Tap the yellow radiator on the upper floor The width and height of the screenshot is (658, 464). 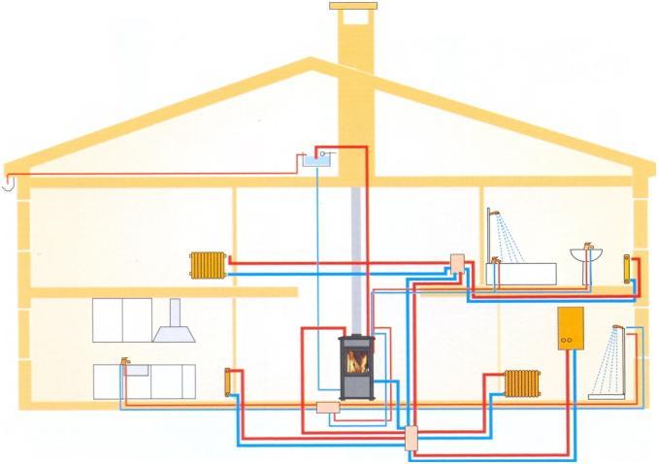click(x=208, y=263)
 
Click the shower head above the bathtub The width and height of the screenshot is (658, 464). click(x=493, y=214)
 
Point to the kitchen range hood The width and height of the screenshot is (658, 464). click(x=174, y=323)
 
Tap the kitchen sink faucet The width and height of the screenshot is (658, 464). click(x=124, y=362)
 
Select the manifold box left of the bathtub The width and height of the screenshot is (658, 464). click(x=457, y=262)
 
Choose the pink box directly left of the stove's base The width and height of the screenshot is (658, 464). click(x=327, y=408)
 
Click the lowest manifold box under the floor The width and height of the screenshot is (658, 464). click(x=411, y=437)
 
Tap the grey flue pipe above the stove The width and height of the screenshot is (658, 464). click(x=356, y=262)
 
